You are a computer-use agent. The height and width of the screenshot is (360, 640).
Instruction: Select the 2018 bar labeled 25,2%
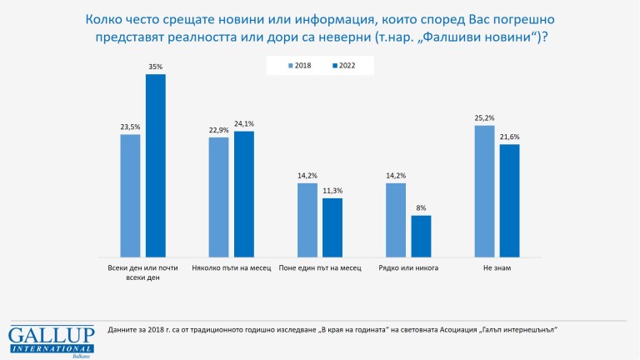click(x=484, y=191)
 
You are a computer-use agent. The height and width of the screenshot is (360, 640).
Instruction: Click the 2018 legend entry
click(x=298, y=65)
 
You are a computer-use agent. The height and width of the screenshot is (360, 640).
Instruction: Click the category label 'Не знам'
click(x=497, y=268)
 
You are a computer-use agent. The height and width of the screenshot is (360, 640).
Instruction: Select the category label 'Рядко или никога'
click(x=408, y=268)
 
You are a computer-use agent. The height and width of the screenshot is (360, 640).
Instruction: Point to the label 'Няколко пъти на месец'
click(x=232, y=268)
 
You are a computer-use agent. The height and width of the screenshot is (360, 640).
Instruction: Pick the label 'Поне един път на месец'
click(x=320, y=268)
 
